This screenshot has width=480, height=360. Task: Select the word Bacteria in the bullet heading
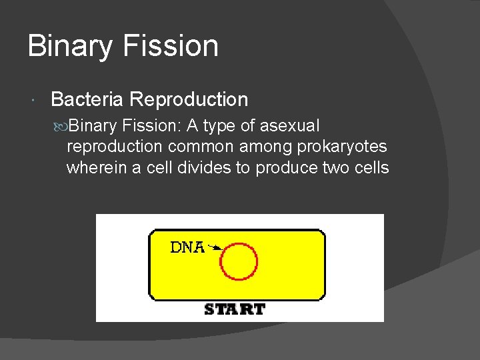(x=87, y=100)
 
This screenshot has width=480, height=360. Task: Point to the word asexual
(x=289, y=126)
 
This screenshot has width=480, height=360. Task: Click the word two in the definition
(x=335, y=167)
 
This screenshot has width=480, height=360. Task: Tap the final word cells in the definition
(x=371, y=167)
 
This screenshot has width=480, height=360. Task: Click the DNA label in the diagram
(x=187, y=247)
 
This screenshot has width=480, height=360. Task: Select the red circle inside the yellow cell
(x=239, y=261)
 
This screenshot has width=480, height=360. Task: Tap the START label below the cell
(x=234, y=309)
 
